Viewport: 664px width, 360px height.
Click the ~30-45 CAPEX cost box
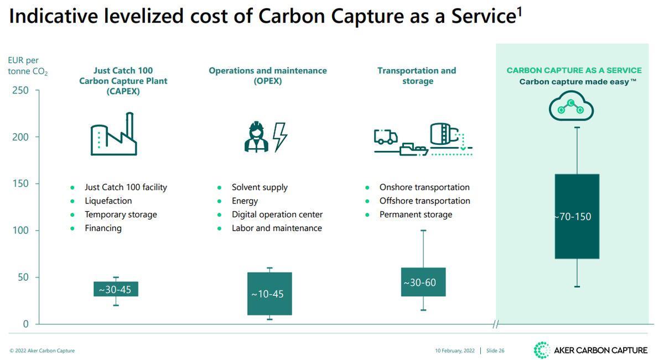coord(116,289)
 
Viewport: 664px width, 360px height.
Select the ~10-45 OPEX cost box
coord(269,294)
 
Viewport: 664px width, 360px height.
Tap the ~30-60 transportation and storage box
coord(423,282)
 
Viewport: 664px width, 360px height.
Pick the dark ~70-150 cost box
coord(577,216)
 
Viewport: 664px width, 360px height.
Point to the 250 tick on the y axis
coord(20,90)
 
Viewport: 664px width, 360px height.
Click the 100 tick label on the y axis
coord(20,231)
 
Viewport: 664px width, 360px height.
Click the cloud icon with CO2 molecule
coord(571,107)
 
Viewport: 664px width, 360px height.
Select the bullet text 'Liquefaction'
coord(108,201)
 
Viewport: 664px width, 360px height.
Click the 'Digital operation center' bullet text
coord(277,215)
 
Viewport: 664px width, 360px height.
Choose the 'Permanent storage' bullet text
coord(416,215)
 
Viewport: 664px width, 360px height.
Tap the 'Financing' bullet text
coord(103,228)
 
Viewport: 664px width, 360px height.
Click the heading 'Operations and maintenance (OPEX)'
coord(268,76)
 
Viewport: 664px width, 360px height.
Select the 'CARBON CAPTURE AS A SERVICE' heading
coord(574,71)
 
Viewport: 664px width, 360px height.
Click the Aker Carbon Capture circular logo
coord(541,350)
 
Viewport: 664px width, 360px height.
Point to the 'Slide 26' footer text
coord(495,351)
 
